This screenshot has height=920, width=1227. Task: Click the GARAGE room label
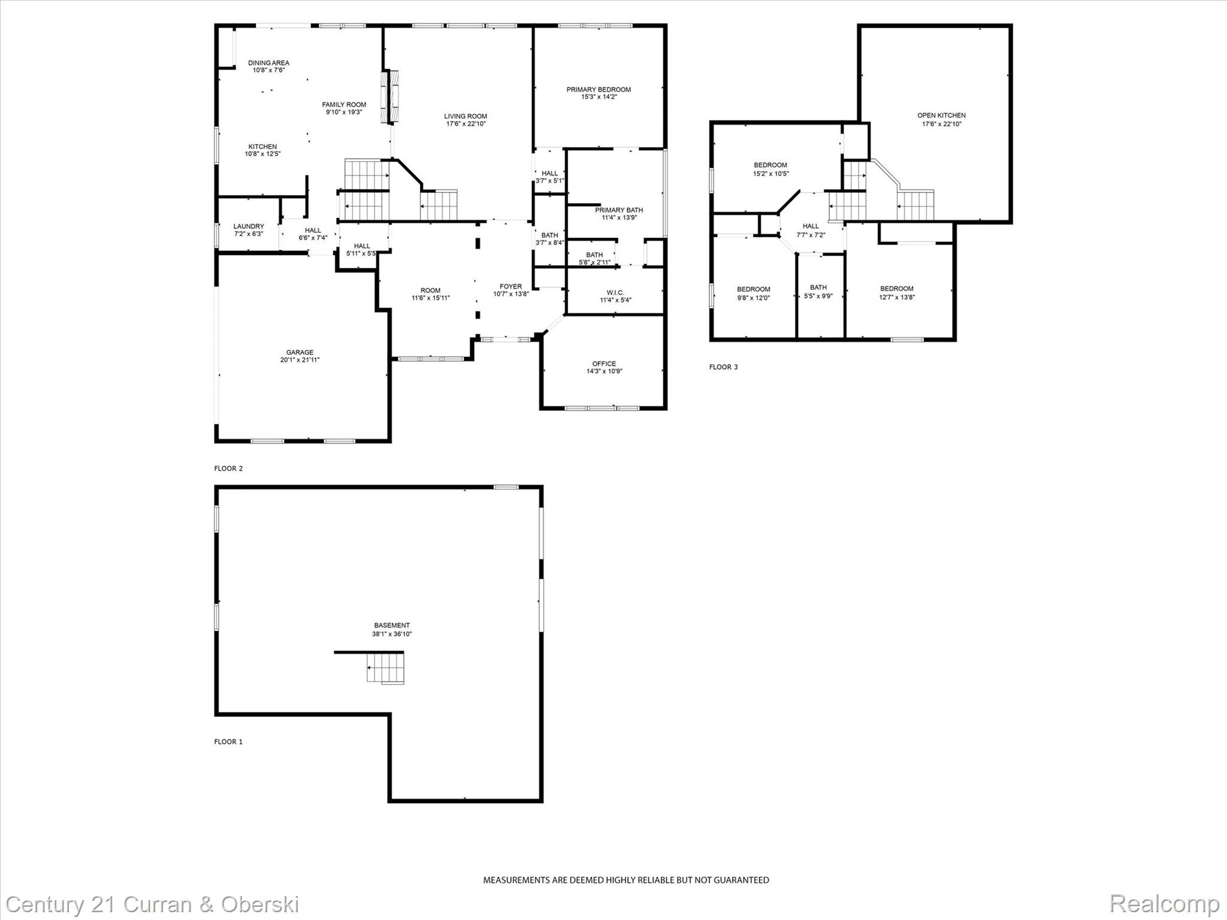(x=300, y=353)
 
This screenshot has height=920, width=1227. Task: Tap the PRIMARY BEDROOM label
(x=599, y=90)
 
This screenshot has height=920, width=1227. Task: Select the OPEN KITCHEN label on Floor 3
(x=941, y=116)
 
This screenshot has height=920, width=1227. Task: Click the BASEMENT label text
(x=392, y=625)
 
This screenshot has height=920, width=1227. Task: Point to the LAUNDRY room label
(x=249, y=226)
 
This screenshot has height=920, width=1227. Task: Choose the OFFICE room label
(x=604, y=364)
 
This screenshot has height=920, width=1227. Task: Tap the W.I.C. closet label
(x=615, y=293)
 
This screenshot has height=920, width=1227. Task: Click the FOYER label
(x=510, y=286)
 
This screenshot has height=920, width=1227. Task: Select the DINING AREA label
(x=268, y=63)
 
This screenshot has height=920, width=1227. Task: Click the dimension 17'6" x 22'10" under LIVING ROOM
(x=466, y=124)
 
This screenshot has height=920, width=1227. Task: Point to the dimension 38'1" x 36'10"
(x=392, y=634)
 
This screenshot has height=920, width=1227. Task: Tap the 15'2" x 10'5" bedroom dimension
(x=770, y=174)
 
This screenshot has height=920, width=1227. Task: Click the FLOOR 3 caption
(x=723, y=367)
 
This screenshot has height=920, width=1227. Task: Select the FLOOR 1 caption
(x=228, y=742)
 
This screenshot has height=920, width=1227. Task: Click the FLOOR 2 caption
(x=228, y=468)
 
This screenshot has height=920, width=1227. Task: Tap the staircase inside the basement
(x=386, y=668)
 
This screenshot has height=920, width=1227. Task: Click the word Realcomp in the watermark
(x=1164, y=903)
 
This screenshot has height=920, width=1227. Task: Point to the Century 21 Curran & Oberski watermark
(x=152, y=904)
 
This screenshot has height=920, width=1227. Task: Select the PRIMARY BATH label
(x=619, y=210)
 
